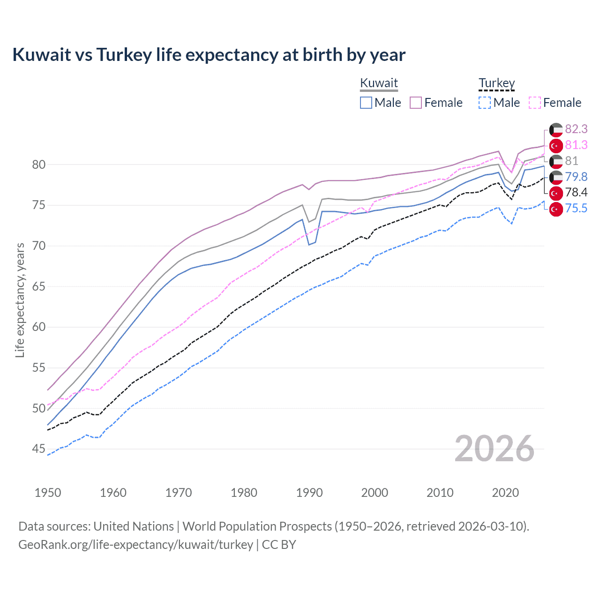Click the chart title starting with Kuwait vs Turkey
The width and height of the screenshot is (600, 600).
209,55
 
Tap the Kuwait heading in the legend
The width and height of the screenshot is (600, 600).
379,83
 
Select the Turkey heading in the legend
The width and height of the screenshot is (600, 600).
496,83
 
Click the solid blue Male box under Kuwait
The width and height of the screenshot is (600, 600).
366,103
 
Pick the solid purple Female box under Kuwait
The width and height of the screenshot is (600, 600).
416,103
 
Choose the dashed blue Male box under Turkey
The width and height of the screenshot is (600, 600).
485,103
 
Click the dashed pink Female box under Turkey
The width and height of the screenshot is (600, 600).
534,103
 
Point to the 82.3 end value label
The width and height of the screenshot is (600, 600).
576,129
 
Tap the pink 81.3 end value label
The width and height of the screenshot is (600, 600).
576,145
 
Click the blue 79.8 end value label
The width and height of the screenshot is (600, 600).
576,177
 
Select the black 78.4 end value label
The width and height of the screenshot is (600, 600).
576,193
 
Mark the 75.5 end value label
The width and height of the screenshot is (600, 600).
576,209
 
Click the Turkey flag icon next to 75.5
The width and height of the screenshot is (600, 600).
556,209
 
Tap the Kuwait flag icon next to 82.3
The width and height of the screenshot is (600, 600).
556,130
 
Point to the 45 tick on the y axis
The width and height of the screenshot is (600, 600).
38,449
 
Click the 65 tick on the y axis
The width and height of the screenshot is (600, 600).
38,286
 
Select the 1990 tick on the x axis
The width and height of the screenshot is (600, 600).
309,493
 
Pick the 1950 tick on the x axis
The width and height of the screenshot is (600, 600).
48,493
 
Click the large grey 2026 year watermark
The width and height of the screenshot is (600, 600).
494,449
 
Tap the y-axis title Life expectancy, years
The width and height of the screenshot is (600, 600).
20,300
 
